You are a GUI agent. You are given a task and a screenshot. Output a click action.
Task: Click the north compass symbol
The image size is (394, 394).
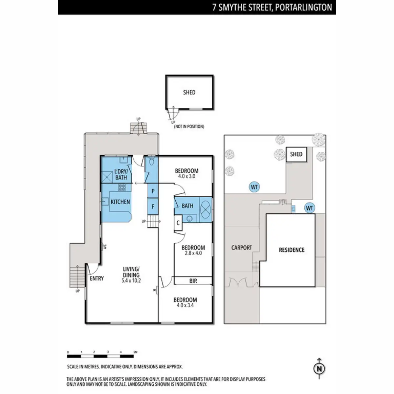coord(319,368)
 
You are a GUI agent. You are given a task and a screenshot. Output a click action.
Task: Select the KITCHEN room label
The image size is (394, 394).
coord(120,202)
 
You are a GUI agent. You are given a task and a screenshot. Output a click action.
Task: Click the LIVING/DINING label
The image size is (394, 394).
coord(131,272)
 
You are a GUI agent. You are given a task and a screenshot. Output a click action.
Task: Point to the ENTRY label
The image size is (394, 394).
coord(97,278)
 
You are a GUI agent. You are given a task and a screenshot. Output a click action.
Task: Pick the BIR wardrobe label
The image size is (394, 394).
coord(193,281)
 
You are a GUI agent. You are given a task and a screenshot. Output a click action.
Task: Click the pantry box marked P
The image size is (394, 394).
coord(153,191)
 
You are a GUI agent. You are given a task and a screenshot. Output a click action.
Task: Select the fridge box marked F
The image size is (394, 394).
coord(153,207)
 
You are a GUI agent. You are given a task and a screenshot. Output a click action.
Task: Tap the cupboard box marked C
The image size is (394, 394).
coord(178,223)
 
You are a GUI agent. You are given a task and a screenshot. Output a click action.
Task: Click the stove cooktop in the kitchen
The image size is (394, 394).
coord(122,188)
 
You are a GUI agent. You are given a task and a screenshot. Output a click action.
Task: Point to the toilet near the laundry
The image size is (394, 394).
coord(151,162)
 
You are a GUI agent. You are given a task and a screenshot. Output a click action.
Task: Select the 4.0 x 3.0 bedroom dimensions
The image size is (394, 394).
coord(186,176)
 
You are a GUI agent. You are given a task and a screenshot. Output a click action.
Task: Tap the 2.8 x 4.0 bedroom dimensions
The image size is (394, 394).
coord(193,253)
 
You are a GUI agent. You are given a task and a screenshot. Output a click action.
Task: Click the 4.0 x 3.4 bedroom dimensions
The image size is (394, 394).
coord(185,305)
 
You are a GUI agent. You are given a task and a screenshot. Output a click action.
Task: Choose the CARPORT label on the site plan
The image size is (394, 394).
coord(242,248)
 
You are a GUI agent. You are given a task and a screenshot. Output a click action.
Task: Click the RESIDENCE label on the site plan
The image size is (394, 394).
coord(292,250)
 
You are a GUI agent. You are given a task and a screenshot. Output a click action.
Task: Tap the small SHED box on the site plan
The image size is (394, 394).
coord(296,154)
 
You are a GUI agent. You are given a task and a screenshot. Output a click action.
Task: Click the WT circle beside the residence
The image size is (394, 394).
coord(309,208)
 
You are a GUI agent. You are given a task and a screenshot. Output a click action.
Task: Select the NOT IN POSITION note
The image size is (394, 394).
coord(189,126)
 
